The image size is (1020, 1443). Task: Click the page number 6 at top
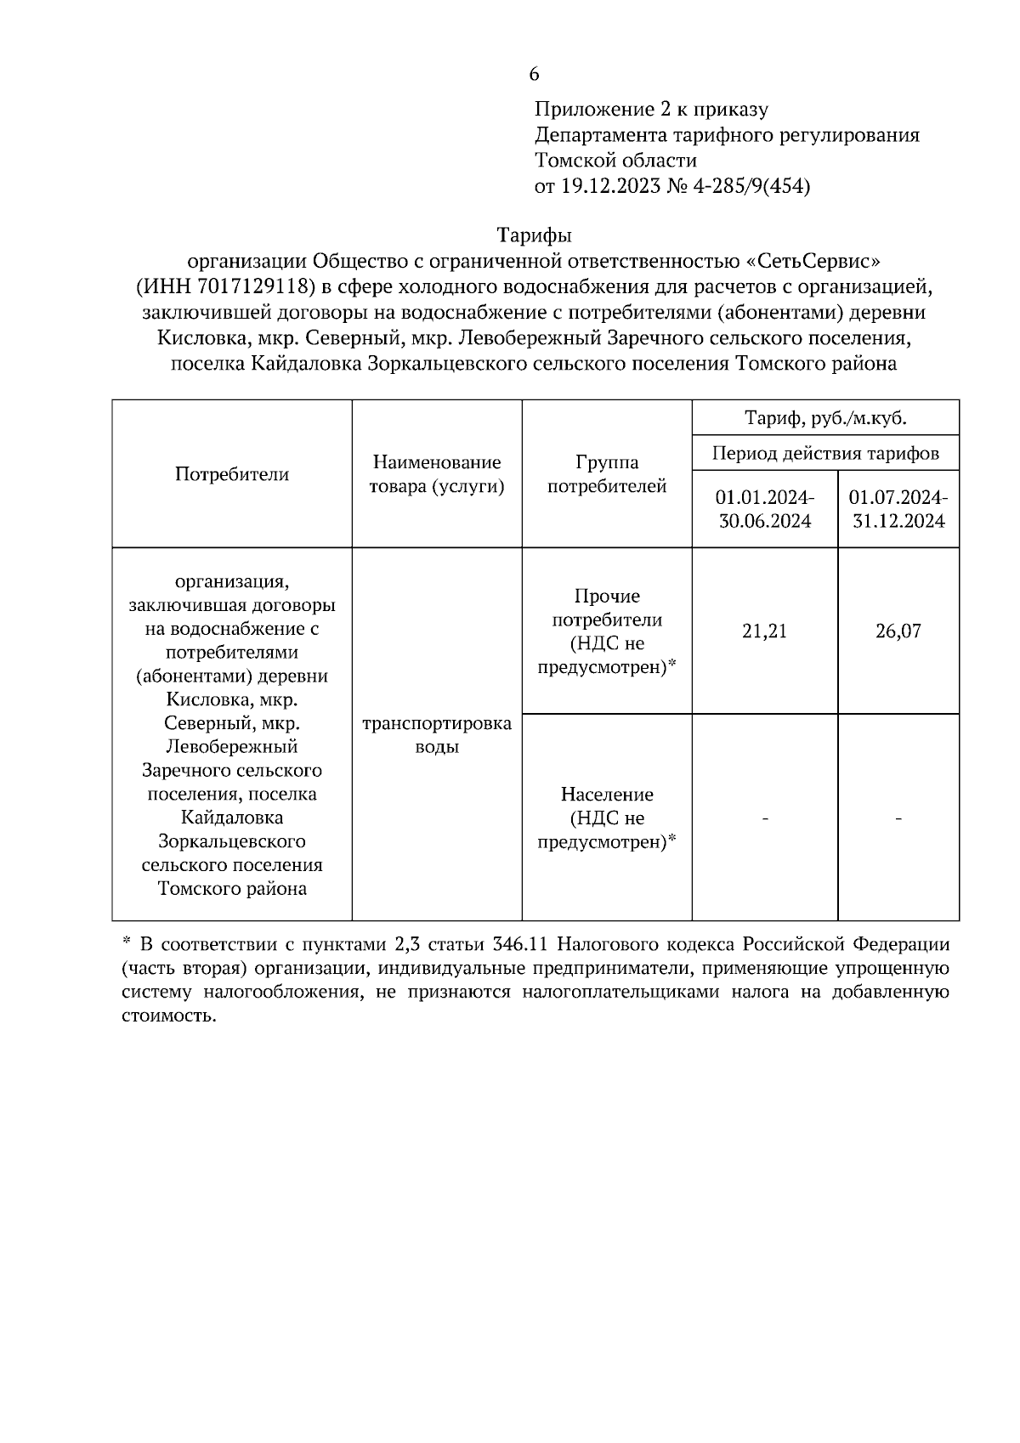click(534, 74)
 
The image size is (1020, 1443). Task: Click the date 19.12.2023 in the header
click(609, 186)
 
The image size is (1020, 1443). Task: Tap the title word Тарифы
click(534, 235)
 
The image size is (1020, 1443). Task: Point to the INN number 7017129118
click(254, 286)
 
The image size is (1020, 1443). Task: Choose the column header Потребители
click(232, 474)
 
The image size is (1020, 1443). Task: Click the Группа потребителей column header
click(607, 474)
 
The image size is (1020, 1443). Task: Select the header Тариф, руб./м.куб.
click(825, 418)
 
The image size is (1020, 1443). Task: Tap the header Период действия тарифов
click(825, 453)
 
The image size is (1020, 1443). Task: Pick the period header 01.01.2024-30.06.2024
click(765, 509)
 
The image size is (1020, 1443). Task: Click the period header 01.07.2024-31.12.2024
click(898, 509)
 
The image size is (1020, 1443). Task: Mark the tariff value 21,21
click(765, 631)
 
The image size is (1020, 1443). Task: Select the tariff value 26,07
click(898, 631)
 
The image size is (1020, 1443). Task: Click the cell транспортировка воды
click(437, 735)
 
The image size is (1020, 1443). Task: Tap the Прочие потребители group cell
click(607, 631)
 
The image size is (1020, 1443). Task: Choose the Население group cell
click(607, 818)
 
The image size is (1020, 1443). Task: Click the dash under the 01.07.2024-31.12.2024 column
click(898, 818)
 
